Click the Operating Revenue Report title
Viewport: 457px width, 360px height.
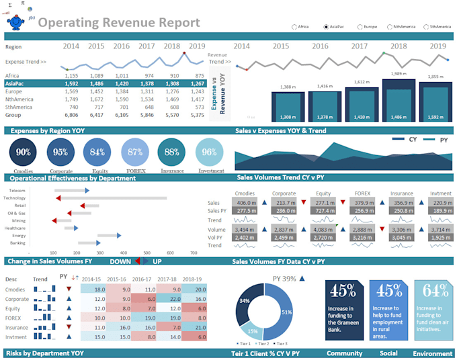(118, 23)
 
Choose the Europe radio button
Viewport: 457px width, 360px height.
(358, 27)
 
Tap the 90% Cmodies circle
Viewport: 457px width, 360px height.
(24, 152)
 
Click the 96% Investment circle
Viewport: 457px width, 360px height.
(210, 152)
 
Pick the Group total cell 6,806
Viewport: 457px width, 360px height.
(71, 115)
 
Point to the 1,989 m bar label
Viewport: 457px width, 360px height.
(398, 74)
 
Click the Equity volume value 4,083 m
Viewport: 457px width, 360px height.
(324, 229)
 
